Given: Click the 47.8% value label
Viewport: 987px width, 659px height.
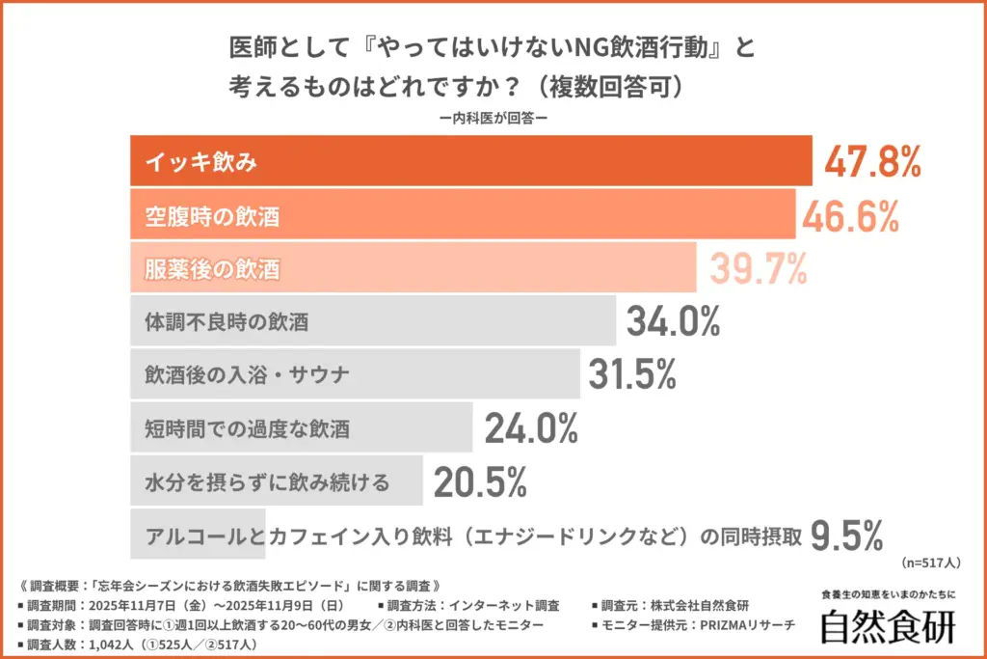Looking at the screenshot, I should point(872,163).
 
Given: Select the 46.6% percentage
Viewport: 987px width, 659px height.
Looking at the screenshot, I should point(849,216).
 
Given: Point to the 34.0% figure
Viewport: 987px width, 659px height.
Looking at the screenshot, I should point(673,321).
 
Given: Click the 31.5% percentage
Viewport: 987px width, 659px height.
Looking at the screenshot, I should point(632,374).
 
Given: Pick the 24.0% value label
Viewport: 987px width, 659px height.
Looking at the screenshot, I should point(530,427).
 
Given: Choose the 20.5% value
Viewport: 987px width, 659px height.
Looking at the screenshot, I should point(479,481).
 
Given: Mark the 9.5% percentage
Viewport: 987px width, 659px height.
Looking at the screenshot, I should point(846,533).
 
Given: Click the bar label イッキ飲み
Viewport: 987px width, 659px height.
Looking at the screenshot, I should point(200,163).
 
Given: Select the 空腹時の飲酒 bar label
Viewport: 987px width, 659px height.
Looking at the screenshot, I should point(212,217).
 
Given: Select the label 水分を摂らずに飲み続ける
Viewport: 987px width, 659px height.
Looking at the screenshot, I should point(267,481).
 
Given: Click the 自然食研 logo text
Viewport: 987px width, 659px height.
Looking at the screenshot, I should point(886,626).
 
